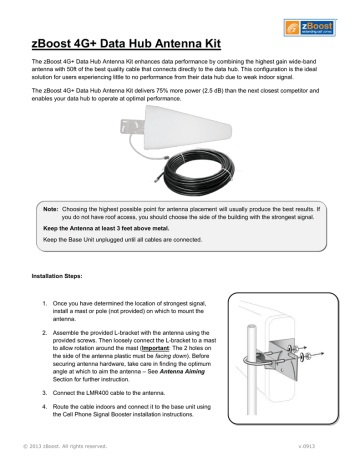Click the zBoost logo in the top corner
[x=322, y=19]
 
